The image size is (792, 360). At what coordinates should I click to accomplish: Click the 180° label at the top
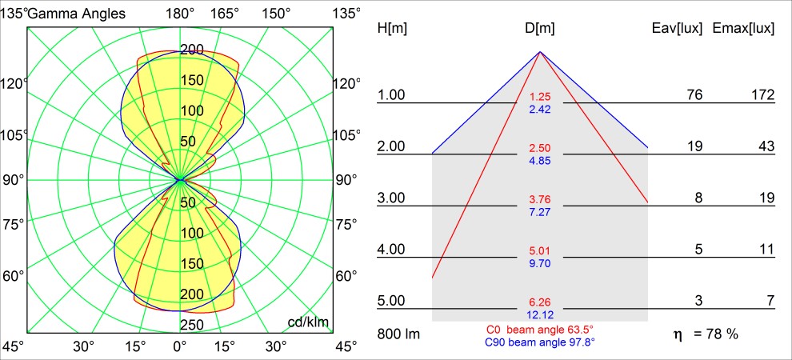pos(180,13)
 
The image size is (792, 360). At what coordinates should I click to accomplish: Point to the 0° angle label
pos(180,346)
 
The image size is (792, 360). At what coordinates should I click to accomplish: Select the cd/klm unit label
pos(309,322)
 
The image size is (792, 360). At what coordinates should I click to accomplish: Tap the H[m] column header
pos(391,29)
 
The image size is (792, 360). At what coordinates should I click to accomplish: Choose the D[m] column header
pos(540,29)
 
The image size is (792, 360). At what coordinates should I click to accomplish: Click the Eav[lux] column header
pos(678,29)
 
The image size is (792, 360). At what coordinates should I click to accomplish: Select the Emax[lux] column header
pos(743,29)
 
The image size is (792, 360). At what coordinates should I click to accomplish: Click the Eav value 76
pos(694,95)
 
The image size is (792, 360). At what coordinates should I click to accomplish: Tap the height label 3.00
pos(391,198)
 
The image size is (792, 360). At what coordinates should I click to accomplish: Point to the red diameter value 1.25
pos(540,98)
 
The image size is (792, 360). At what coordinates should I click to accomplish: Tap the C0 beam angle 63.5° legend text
pos(539,330)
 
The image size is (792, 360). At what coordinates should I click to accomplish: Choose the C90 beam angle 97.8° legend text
pos(540,342)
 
